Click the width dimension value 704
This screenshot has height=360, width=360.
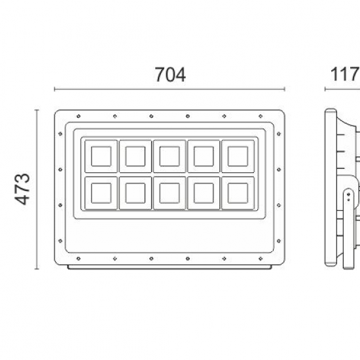[170, 75]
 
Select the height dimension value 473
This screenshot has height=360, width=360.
[22, 189]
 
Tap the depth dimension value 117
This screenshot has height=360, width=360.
[344, 75]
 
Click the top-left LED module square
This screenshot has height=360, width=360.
[101, 156]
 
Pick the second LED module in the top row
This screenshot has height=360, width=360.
[135, 156]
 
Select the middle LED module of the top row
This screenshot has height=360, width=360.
[170, 156]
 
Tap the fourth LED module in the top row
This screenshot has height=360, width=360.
[204, 156]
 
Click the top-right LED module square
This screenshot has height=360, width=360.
[238, 156]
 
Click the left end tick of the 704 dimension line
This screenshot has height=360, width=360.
[54, 90]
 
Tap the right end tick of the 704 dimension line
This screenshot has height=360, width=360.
[285, 90]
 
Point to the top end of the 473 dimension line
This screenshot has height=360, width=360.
[37, 110]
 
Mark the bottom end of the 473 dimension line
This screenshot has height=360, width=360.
[37, 269]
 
